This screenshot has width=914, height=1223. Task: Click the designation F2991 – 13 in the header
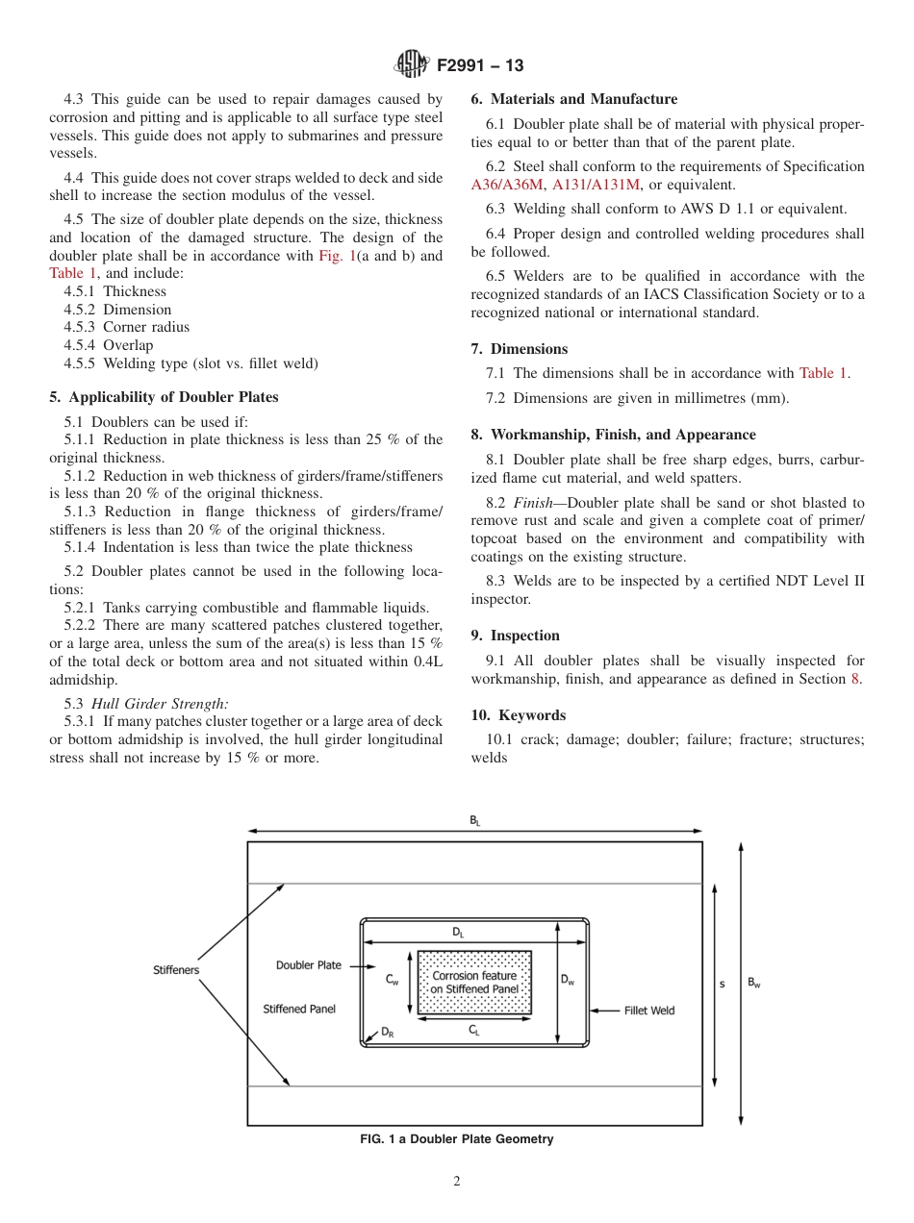480,66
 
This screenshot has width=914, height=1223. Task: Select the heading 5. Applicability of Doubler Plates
164,397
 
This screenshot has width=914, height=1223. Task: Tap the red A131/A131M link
596,185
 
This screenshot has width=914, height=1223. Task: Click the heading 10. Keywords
518,715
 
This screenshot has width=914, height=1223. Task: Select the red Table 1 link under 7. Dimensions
823,373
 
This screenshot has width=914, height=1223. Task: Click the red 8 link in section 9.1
852,679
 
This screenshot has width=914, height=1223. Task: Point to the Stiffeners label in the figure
176,970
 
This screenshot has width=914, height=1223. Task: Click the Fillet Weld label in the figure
649,1011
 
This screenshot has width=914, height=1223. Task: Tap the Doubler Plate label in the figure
308,965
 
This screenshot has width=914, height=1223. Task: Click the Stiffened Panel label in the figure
298,1009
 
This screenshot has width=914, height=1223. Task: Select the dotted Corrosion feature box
474,983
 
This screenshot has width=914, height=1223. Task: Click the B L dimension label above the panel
475,820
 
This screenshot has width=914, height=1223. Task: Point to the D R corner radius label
387,1032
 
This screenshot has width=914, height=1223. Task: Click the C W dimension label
393,980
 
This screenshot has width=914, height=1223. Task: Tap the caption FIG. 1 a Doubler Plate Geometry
456,1139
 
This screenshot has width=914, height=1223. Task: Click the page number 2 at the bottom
457,1182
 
